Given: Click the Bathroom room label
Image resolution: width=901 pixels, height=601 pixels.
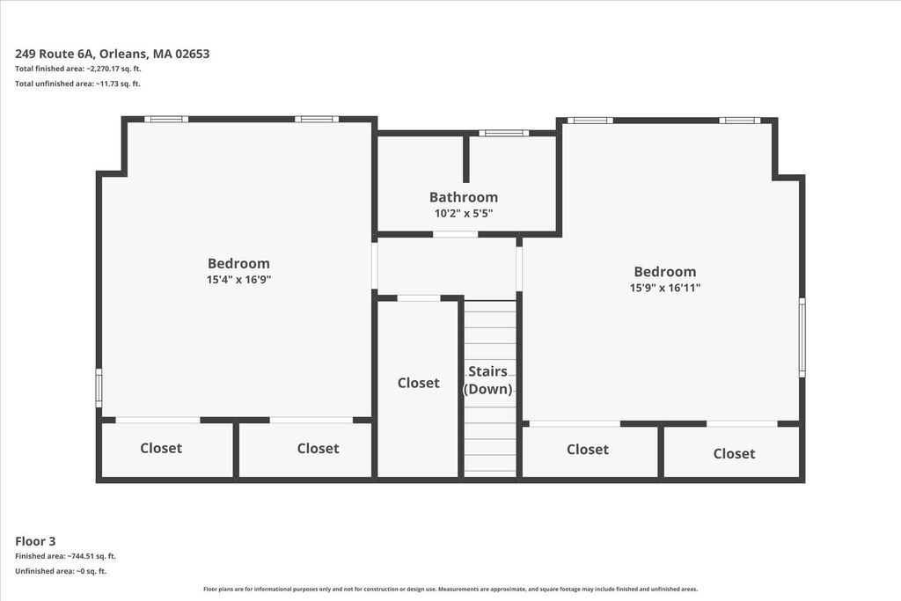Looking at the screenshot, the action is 463,197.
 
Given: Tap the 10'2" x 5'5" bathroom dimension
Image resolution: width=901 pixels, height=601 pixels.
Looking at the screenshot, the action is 464,214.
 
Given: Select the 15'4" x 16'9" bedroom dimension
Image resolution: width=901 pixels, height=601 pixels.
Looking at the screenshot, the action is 238,280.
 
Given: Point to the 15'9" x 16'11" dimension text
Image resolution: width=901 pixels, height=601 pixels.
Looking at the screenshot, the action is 665,288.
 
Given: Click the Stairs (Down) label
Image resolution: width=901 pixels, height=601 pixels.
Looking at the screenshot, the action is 487,380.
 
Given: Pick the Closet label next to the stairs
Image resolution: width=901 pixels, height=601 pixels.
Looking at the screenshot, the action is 418,383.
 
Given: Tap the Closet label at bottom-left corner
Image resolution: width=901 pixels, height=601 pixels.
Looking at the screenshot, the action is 161,448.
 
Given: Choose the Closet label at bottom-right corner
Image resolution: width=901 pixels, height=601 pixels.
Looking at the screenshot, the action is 734,453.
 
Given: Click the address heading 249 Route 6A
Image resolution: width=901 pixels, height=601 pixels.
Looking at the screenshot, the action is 112,54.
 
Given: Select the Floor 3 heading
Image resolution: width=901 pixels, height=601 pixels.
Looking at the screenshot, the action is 35,541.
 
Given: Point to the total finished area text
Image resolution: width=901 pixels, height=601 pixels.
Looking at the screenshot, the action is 78,69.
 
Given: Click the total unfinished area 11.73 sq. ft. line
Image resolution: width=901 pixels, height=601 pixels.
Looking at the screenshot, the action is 77,84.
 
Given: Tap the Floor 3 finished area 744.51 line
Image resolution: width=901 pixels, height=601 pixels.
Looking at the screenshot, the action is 65,556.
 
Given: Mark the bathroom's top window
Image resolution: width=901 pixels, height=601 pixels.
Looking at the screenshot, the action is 503,133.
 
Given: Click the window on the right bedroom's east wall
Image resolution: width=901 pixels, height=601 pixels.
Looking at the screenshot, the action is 802,337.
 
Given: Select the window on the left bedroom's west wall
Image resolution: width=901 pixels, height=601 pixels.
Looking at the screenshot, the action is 99,388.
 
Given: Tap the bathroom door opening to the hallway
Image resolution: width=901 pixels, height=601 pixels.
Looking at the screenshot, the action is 455,234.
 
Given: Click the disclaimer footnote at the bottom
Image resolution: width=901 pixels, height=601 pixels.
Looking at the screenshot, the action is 450,589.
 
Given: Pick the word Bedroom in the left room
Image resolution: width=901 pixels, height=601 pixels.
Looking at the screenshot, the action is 238,264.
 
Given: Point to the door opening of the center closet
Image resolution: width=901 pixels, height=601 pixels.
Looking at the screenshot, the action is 419,298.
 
